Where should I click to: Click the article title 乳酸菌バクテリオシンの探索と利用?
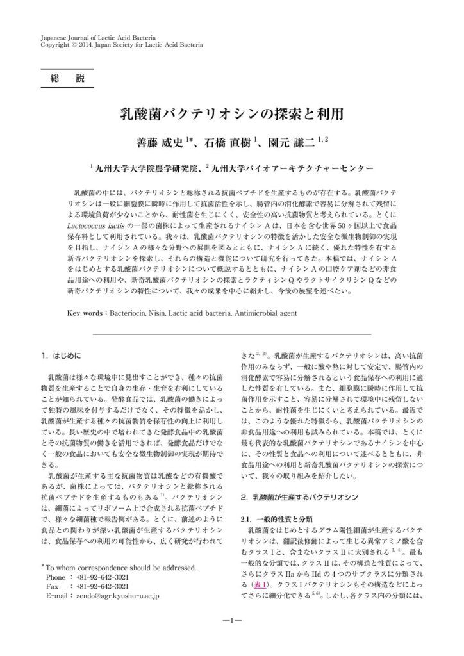click(231, 114)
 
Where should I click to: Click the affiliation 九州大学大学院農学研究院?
click(145, 168)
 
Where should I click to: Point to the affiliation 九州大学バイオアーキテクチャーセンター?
click(292, 168)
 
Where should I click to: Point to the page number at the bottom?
click(231, 621)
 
